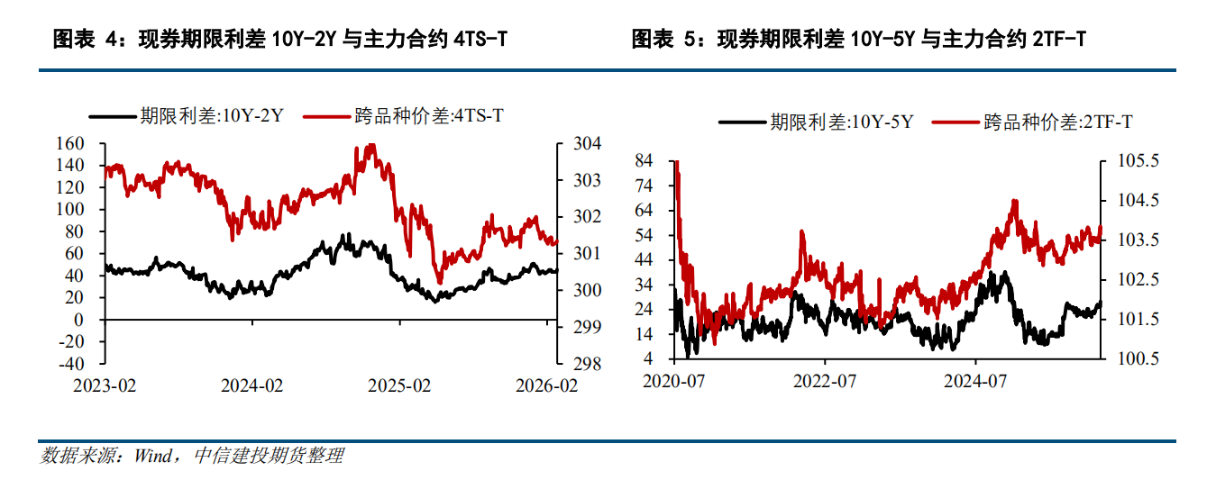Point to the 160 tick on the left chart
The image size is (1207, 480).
[x=70, y=143]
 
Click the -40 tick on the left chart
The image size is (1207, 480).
[x=70, y=364]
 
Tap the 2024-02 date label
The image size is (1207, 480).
[x=252, y=385]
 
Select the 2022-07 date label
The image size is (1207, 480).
[x=823, y=381]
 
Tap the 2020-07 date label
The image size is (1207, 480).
[x=673, y=381]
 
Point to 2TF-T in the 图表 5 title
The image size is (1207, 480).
[x=1056, y=40]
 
